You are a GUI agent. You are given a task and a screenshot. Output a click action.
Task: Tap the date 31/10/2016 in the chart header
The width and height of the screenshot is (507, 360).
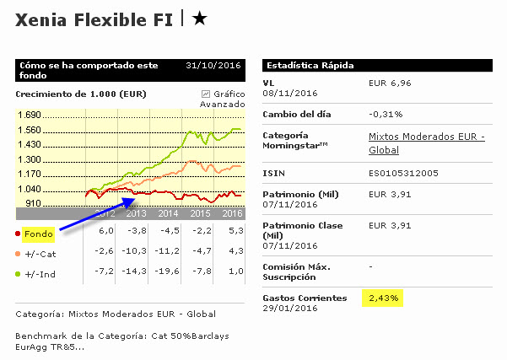click(x=214, y=65)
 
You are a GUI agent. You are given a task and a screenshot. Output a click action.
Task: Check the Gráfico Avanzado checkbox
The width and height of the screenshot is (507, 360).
click(x=205, y=94)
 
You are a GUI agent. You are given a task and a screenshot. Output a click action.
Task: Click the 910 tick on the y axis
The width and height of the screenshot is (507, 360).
click(x=32, y=203)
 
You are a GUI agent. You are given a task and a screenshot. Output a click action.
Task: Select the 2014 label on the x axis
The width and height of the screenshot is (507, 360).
click(x=167, y=214)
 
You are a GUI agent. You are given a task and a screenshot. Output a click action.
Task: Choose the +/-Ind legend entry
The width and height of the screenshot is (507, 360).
click(x=39, y=272)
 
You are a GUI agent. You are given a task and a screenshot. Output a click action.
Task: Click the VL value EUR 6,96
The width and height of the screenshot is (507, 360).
click(x=390, y=83)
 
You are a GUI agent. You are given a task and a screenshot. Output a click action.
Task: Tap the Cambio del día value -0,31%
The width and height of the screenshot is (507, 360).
click(x=386, y=113)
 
